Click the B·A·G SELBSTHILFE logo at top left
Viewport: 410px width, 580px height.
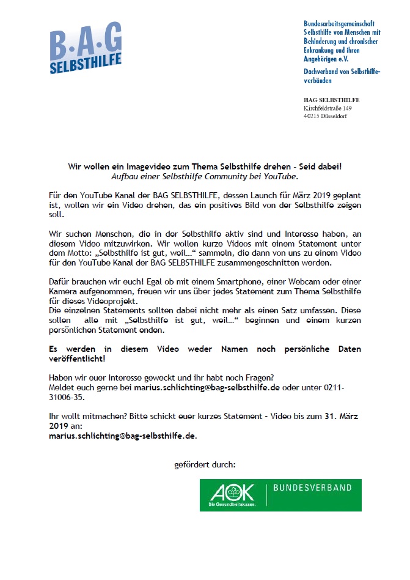[86, 48]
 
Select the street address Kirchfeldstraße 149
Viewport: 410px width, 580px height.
[328, 108]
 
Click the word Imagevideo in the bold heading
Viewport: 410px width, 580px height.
[137, 166]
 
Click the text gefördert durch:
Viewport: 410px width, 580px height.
[205, 466]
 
